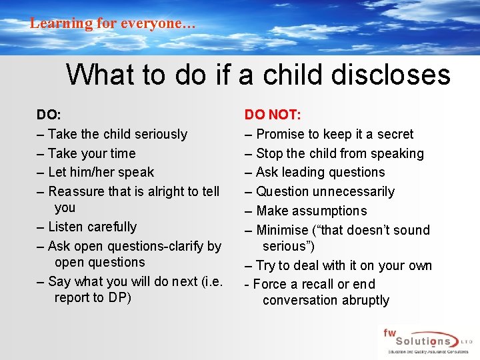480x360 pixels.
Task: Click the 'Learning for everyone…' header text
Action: click(x=113, y=23)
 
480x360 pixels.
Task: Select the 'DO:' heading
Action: click(x=49, y=115)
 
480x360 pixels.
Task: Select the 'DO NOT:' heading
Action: click(x=273, y=115)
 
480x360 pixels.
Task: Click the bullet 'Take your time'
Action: click(x=91, y=153)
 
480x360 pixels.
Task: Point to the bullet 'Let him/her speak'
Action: click(x=101, y=172)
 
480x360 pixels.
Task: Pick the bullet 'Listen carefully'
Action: click(x=92, y=227)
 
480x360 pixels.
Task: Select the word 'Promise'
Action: click(x=279, y=134)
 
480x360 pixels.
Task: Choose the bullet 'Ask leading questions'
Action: click(x=320, y=172)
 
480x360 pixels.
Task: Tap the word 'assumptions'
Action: click(x=331, y=211)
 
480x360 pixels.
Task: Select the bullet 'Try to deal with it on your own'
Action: click(x=343, y=265)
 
